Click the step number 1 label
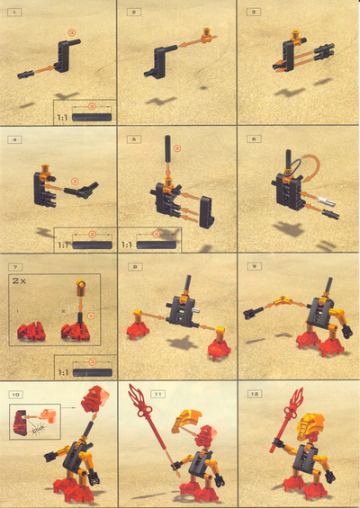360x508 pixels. (x=15, y=13)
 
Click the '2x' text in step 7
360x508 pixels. (x=21, y=281)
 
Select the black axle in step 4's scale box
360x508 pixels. (x=91, y=244)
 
